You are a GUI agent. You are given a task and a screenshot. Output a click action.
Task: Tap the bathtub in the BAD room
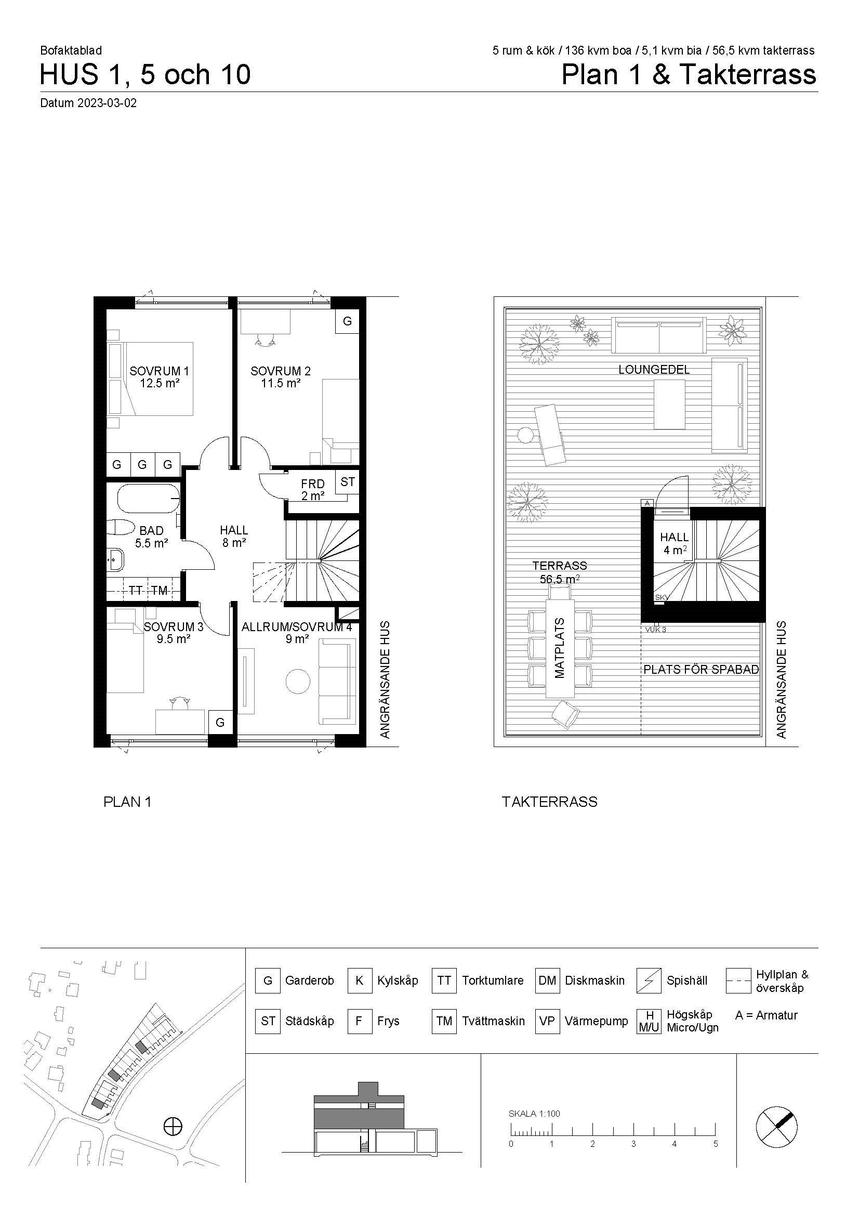pyautogui.click(x=149, y=499)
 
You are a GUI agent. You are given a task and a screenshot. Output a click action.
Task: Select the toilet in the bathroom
pyautogui.click(x=120, y=528)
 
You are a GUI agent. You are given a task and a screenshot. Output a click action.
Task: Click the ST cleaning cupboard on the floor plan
pyautogui.click(x=347, y=482)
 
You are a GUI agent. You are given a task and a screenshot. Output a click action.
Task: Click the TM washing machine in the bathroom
pyautogui.click(x=160, y=591)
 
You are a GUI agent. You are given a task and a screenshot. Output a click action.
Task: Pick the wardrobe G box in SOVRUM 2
pyautogui.click(x=347, y=321)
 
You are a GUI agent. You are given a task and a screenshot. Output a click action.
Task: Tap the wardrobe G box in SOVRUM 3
pyautogui.click(x=220, y=723)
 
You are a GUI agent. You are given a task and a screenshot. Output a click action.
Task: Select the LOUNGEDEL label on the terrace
pyautogui.click(x=654, y=370)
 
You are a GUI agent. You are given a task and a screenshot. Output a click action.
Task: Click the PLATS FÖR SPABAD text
pyautogui.click(x=701, y=670)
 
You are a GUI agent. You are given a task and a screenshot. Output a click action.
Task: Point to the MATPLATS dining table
pyautogui.click(x=560, y=648)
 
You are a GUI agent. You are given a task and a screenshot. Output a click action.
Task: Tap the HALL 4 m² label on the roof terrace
pyautogui.click(x=675, y=543)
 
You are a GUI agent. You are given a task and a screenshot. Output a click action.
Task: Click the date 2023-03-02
pyautogui.click(x=107, y=103)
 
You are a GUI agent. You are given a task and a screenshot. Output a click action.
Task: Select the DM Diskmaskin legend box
pyautogui.click(x=547, y=980)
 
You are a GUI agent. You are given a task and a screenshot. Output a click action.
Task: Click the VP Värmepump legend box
pyautogui.click(x=547, y=1021)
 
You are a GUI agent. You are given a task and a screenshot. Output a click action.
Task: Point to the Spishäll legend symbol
pyautogui.click(x=649, y=980)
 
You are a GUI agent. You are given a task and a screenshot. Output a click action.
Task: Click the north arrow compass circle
pyautogui.click(x=776, y=1128)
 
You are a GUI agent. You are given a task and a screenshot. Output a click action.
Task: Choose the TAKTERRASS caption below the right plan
pyautogui.click(x=549, y=802)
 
